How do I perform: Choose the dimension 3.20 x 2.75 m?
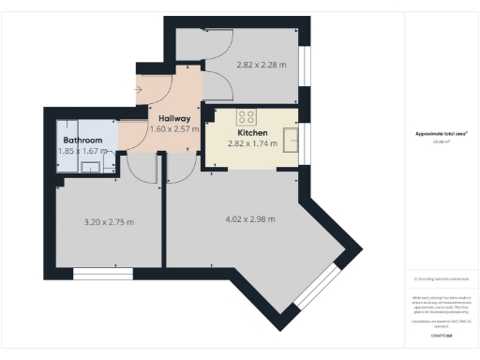coord(109,222)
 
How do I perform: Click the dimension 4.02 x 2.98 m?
coord(250,219)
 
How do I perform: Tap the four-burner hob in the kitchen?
coord(247,117)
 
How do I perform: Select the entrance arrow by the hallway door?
coord(139,90)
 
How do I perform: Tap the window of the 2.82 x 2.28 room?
coord(305,71)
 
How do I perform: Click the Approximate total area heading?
coord(441,133)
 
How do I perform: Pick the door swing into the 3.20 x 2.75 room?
coord(141,169)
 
